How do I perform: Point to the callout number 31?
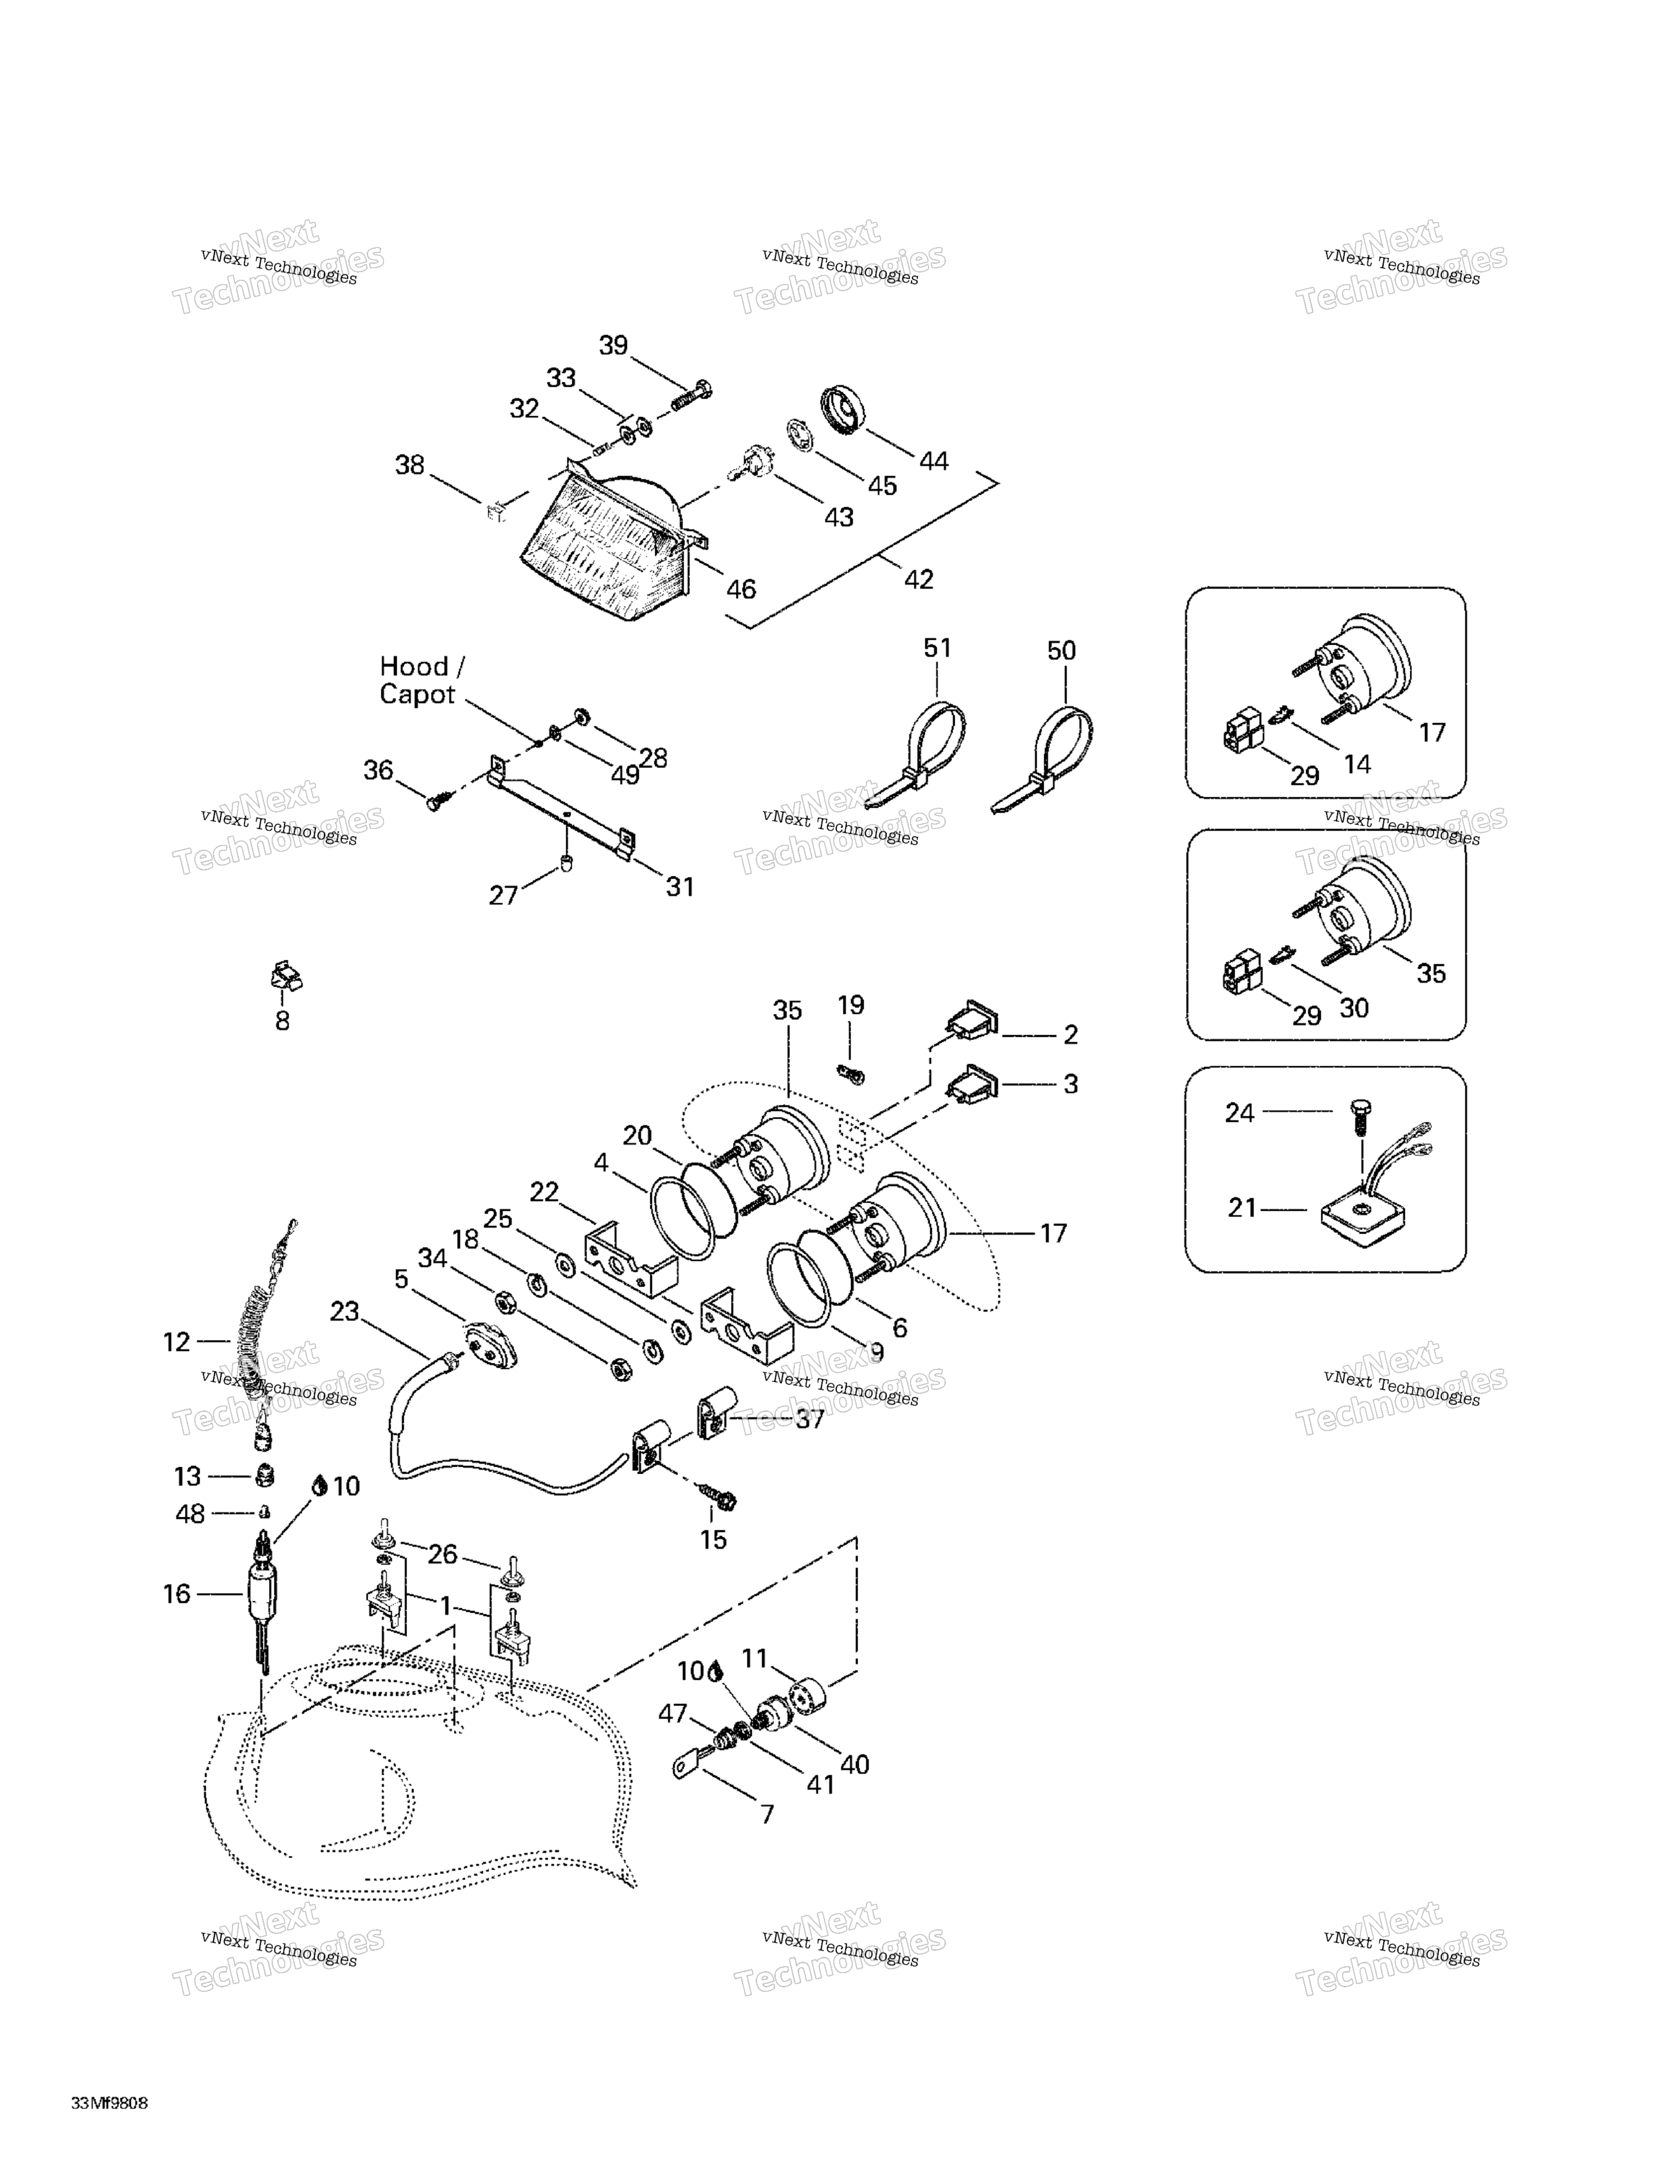tap(680, 887)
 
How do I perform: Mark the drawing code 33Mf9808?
tap(109, 2104)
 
